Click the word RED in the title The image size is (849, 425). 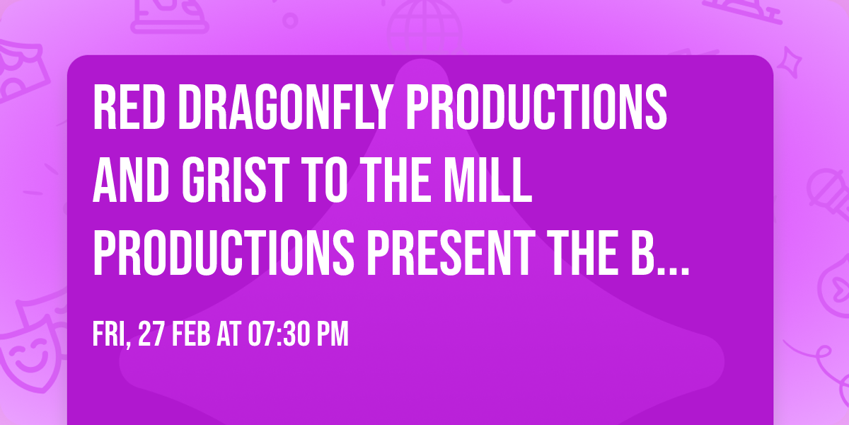point(129,107)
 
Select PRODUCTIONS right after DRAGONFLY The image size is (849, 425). point(536,107)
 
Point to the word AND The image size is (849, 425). point(131,180)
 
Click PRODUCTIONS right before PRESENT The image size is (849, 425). point(224,253)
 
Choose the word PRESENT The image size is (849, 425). point(451,253)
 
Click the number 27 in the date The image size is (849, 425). point(151,334)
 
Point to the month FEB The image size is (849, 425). point(192,334)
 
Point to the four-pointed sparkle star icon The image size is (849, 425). point(790,62)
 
